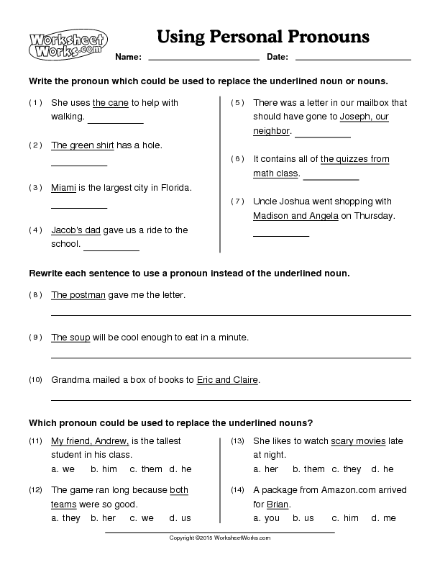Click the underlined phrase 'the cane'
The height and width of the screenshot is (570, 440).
pos(111,103)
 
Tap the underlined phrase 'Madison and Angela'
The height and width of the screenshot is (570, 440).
pos(295,215)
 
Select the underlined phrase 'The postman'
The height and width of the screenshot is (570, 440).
pos(78,295)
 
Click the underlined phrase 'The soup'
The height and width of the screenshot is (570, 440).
pos(70,337)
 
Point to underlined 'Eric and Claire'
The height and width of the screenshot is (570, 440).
pos(227,379)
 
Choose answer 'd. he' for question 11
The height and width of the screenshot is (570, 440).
pos(180,469)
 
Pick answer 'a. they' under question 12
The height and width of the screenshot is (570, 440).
pos(66,517)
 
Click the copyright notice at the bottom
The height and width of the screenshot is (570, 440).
pos(219,538)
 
